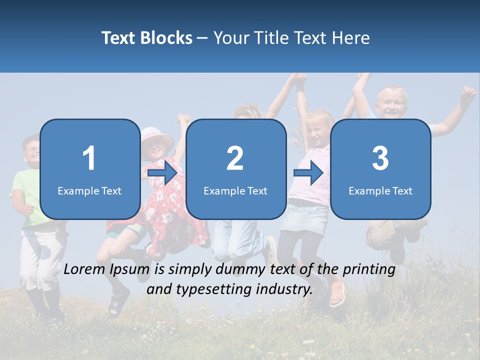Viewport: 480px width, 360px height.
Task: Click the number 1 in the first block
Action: [x=89, y=158]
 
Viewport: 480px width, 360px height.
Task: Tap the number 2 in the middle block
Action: [x=235, y=158]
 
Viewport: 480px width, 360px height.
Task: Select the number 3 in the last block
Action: [x=380, y=158]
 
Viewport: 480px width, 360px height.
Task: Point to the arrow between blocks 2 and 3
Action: [x=308, y=173]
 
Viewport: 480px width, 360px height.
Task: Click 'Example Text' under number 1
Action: [x=89, y=190]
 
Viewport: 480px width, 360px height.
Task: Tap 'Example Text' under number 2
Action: [x=235, y=190]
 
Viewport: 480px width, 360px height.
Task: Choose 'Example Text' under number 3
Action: [x=380, y=190]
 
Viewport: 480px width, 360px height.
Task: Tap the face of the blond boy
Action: [x=391, y=103]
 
